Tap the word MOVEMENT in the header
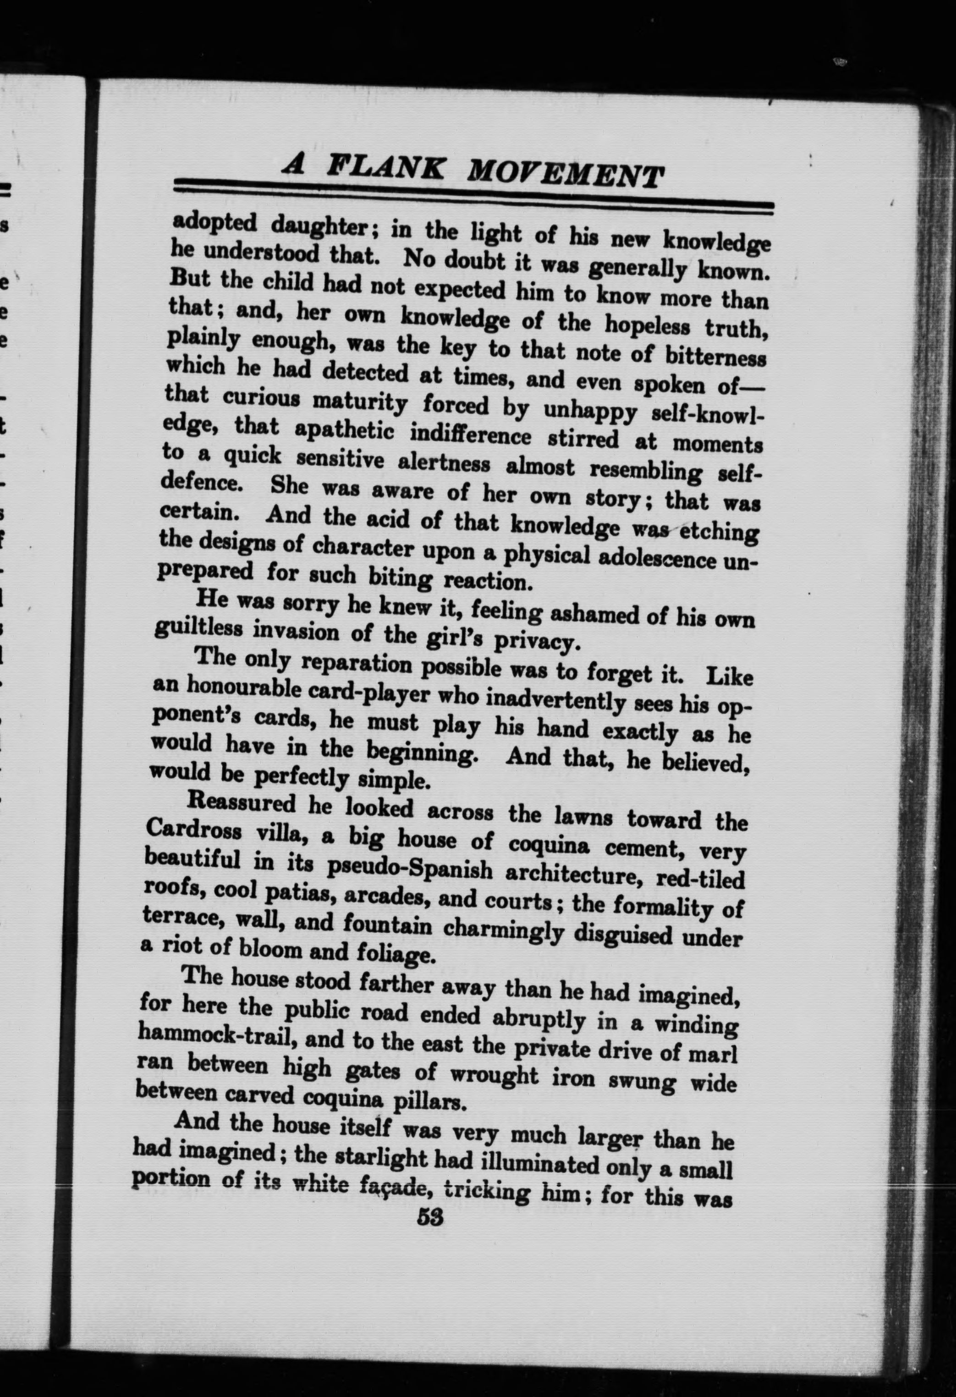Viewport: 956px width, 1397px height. point(565,175)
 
